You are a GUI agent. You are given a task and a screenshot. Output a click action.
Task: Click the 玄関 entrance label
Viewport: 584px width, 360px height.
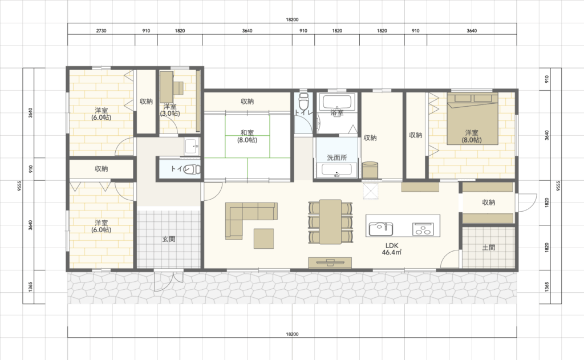[169, 239]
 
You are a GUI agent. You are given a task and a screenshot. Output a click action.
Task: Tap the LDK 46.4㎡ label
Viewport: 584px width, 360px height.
[392, 249]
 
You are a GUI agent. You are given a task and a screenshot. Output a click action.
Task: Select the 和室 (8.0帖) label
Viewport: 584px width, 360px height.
[248, 136]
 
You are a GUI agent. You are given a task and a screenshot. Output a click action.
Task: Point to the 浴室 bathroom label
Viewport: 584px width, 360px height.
[337, 112]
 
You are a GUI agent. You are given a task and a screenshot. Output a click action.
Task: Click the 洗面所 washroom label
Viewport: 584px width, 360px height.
[337, 157]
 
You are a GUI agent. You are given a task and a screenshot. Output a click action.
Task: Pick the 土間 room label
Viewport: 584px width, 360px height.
[489, 248]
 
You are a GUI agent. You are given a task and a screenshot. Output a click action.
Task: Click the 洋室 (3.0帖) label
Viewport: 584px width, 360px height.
[170, 110]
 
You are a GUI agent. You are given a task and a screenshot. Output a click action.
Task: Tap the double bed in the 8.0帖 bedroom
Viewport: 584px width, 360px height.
[472, 119]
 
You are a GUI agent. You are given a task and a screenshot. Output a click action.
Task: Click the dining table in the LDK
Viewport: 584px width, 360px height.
[330, 222]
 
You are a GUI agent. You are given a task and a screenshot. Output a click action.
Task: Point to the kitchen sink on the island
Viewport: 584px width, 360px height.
[380, 228]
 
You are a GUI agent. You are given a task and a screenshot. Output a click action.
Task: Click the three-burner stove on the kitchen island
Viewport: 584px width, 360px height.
[423, 228]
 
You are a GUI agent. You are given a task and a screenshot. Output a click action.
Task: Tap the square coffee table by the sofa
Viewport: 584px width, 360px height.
[263, 238]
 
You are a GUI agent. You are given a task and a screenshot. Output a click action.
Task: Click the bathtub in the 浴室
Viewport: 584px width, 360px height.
[337, 103]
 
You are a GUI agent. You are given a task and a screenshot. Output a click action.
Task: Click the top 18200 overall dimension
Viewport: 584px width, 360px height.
[293, 19]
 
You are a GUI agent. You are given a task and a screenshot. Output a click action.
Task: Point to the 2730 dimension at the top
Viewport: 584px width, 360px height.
[102, 31]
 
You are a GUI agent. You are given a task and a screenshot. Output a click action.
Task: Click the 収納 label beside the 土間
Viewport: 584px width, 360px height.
[489, 203]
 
